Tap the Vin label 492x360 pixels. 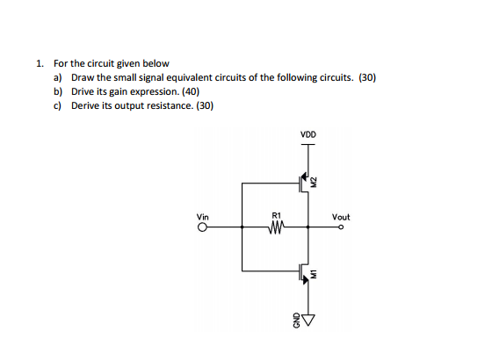tap(203, 216)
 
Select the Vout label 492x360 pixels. tap(341, 216)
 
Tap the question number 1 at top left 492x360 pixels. tap(40, 64)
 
